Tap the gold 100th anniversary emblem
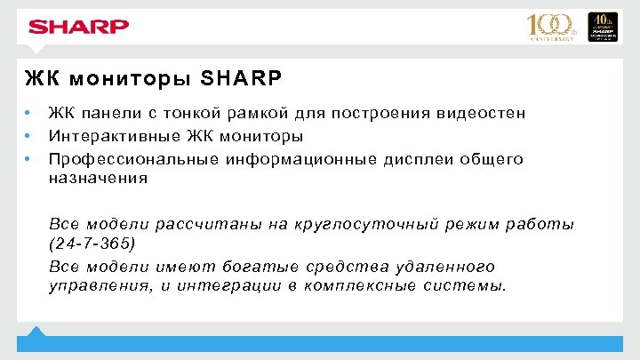[553, 27]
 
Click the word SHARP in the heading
[242, 77]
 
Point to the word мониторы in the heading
[131, 77]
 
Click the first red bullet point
[29, 113]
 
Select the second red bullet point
[29, 136]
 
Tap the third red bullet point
[29, 159]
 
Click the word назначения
[98, 178]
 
